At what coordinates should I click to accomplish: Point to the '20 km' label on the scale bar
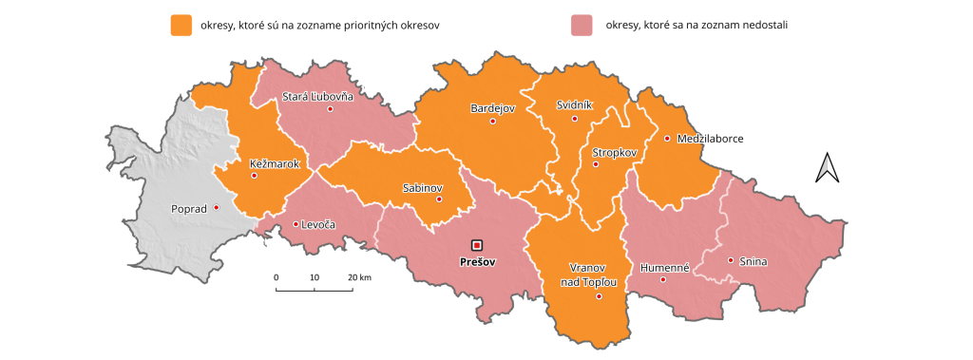[x=359, y=276]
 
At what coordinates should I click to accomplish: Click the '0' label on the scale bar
[x=277, y=276]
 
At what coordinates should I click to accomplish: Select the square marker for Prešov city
[x=477, y=244]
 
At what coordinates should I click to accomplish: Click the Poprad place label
[x=187, y=208]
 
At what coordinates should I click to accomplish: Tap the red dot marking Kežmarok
[x=254, y=176]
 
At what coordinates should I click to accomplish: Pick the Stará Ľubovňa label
[x=317, y=96]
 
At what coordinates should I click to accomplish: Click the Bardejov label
[x=492, y=108]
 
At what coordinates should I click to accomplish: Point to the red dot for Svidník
[x=575, y=119]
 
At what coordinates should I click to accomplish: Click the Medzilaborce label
[x=710, y=139]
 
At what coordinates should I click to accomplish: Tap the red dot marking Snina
[x=731, y=260]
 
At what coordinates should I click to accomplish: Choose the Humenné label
[x=663, y=267]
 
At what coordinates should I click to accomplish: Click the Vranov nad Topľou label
[x=594, y=275]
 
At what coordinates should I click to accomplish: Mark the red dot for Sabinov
[x=439, y=199]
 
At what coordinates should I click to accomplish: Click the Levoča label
[x=318, y=225]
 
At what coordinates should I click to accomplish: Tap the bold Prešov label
[x=477, y=261]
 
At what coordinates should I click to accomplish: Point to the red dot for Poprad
[x=217, y=207]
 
